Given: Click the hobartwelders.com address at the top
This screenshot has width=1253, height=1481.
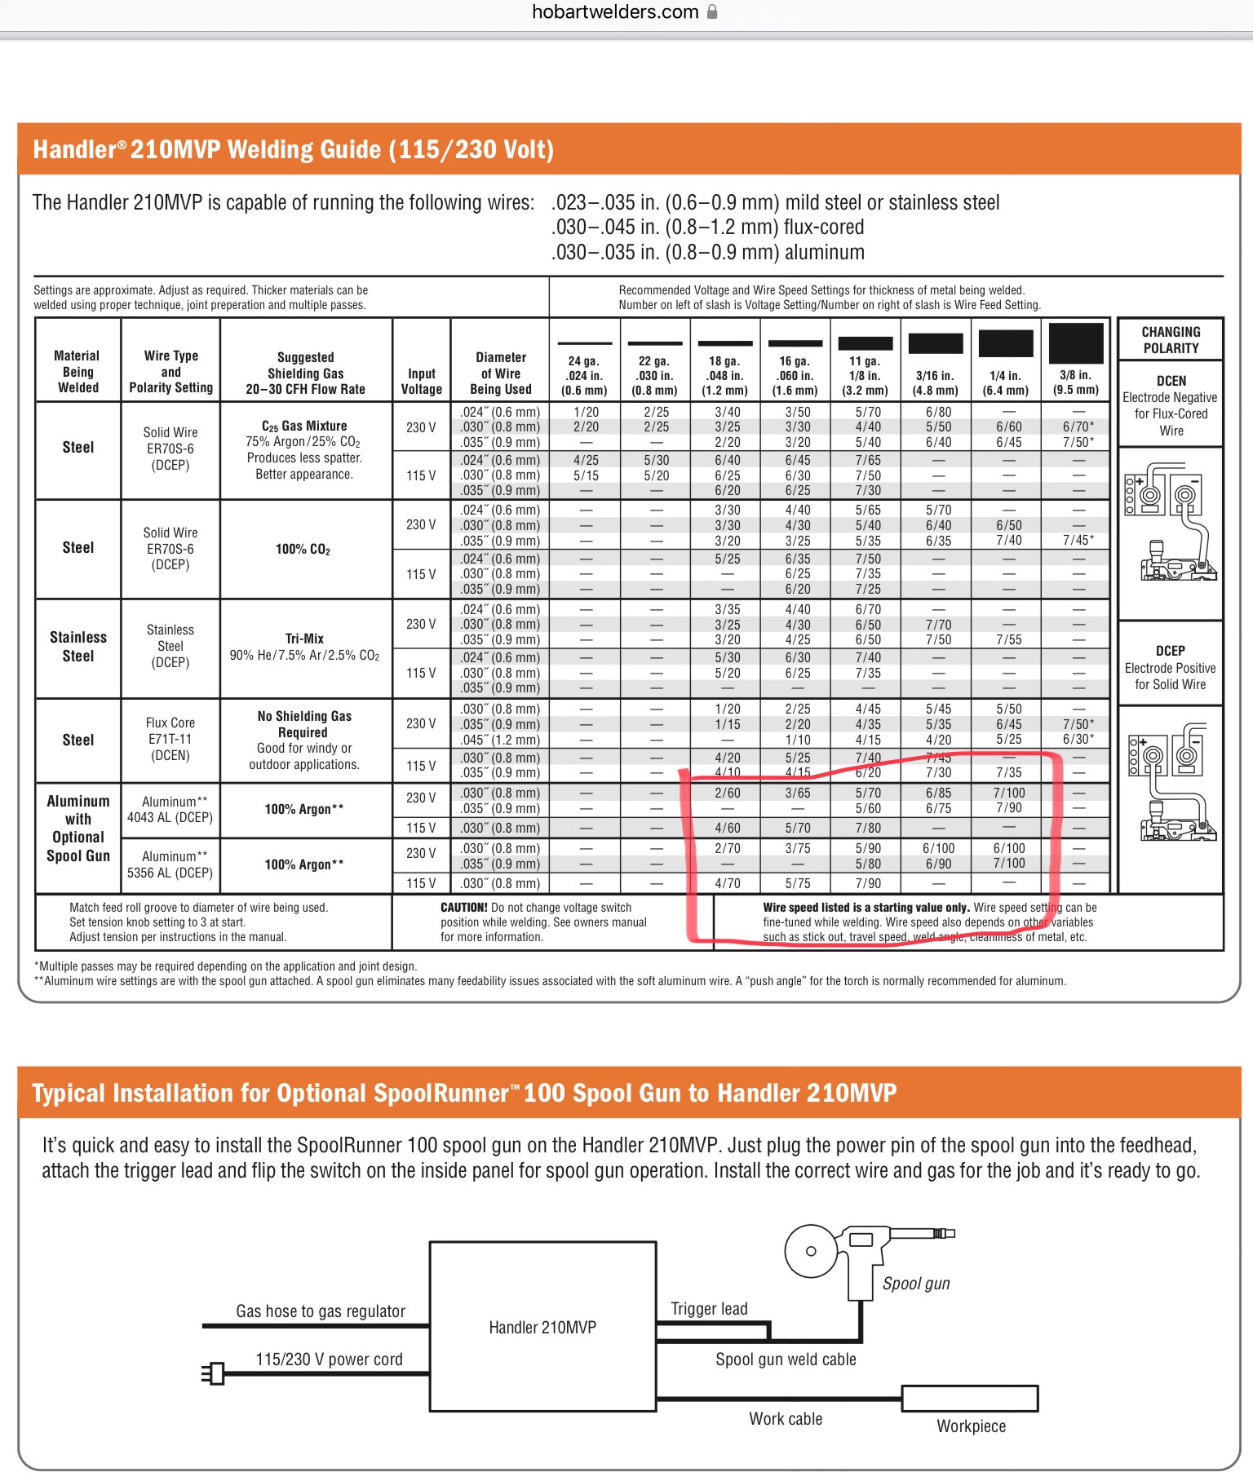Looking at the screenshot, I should coord(615,12).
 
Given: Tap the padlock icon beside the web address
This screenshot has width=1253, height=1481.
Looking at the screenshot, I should coord(712,12).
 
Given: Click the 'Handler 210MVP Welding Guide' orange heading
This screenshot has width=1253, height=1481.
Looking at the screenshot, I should coord(293,150).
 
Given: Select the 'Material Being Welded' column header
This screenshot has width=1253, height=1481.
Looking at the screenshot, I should coord(77,372).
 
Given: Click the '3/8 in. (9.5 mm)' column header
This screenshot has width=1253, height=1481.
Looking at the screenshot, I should coord(1075,382).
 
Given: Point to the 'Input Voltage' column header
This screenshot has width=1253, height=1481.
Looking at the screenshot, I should coord(421,381).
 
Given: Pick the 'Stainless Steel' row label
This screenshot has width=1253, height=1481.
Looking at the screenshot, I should coord(77,647).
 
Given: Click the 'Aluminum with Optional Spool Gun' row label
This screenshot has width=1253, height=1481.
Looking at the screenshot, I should coord(77,829).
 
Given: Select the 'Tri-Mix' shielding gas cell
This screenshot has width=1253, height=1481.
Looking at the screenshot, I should coord(304,647).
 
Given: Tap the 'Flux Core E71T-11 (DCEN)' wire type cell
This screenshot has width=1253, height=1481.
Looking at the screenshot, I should coord(170,739).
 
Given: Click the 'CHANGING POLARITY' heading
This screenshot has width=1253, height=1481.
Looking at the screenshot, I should coord(1171,340).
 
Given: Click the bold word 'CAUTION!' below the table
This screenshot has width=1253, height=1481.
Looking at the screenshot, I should coord(463,907).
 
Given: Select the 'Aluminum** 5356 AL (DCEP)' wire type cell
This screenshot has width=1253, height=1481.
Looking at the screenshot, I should coord(170,864).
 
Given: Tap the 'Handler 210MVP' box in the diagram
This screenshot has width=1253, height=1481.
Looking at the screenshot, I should coord(542,1327).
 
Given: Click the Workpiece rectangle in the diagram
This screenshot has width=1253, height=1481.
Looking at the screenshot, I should coord(969,1398).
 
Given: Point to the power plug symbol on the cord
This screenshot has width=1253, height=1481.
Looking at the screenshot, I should coord(214,1373).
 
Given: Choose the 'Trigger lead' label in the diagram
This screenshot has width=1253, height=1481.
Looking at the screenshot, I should coord(708,1309).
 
